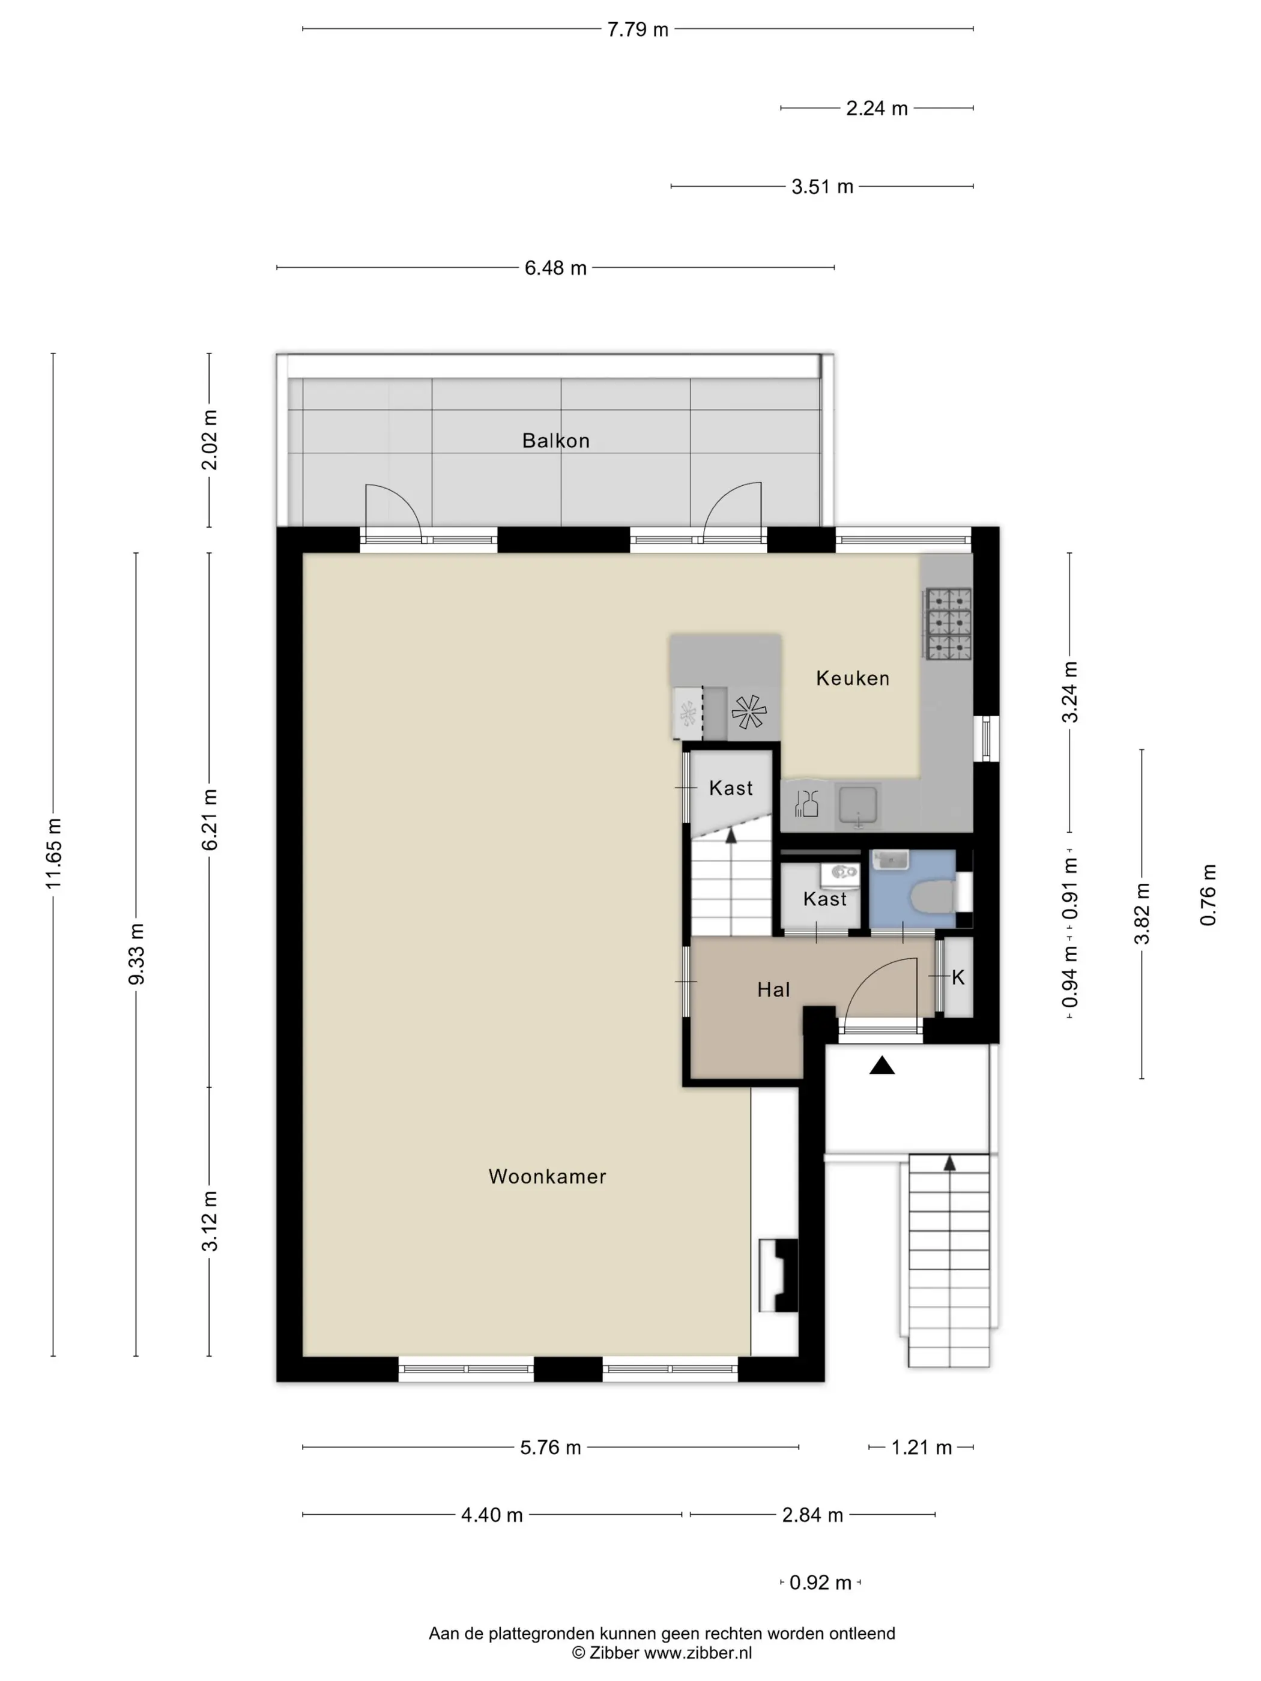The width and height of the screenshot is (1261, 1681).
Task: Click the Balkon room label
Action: point(555,441)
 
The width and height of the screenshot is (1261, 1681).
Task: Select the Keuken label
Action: point(853,678)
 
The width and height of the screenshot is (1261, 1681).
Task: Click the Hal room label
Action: point(774,989)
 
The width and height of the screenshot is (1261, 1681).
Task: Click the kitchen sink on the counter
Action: point(858,806)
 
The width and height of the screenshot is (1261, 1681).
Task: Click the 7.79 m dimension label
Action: point(638,29)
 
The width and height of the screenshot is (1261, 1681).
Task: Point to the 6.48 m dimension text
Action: point(555,268)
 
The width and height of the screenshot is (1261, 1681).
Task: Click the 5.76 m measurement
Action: point(550,1447)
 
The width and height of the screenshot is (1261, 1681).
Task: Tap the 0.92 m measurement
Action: point(821,1583)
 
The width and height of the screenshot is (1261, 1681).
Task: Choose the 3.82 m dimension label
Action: point(1142,914)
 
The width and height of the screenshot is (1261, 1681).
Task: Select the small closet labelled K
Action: point(958,977)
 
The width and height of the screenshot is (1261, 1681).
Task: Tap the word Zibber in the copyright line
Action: point(614,1653)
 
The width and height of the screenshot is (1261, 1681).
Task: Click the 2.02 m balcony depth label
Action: point(209,440)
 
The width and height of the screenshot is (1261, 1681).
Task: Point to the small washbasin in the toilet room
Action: point(889,860)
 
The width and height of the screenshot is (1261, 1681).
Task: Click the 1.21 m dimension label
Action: point(921,1447)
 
